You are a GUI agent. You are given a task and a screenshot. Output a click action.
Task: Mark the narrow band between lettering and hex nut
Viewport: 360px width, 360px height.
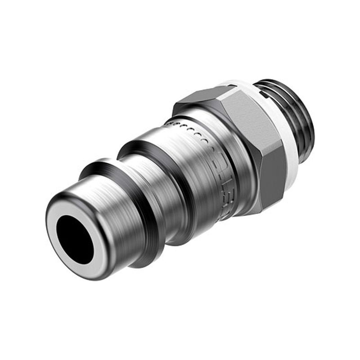[x=241, y=180]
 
